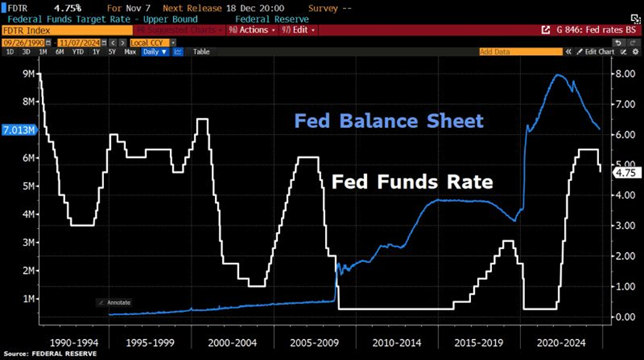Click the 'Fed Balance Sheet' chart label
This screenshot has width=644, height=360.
pyautogui.click(x=389, y=121)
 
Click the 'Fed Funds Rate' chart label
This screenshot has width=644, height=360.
pyautogui.click(x=411, y=182)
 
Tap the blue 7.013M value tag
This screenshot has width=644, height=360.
pyautogui.click(x=17, y=129)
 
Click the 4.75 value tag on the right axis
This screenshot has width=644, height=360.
pyautogui.click(x=624, y=172)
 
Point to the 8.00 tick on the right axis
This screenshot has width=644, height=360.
pyautogui.click(x=625, y=73)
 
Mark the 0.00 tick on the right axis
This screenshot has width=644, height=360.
pyautogui.click(x=625, y=317)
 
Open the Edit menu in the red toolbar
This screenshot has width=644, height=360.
pyautogui.click(x=300, y=30)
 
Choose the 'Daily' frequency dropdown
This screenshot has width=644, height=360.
pyautogui.click(x=154, y=52)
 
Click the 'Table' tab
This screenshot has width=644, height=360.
pyautogui.click(x=201, y=52)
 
